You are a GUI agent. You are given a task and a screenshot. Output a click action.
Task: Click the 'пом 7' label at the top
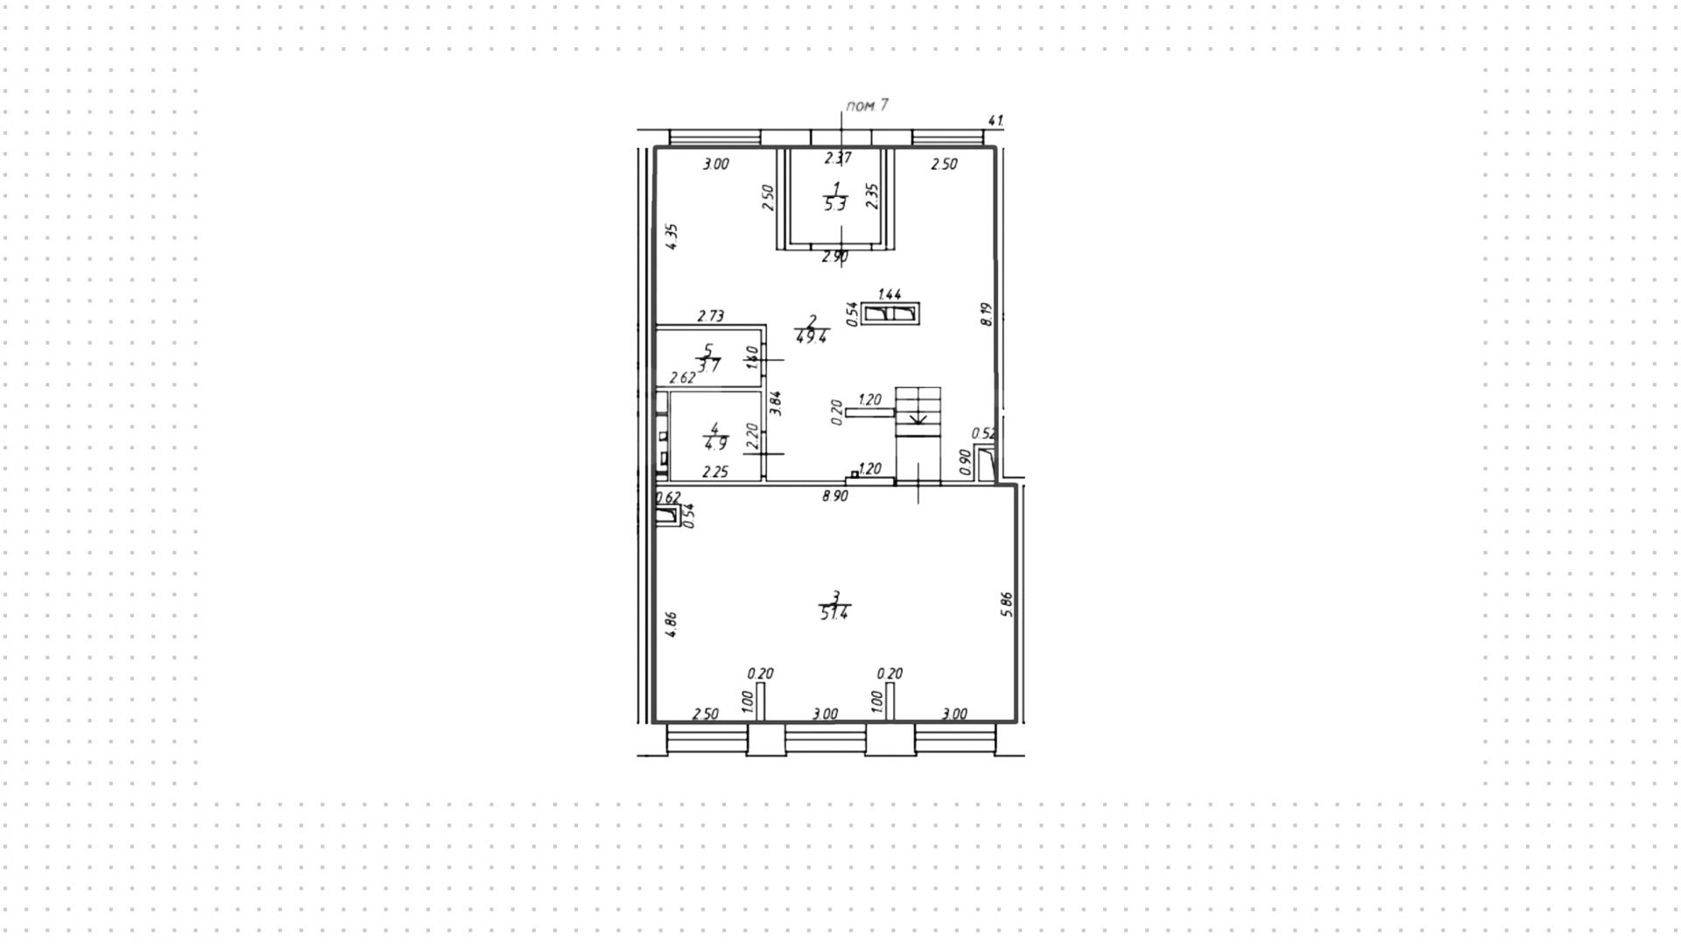867,106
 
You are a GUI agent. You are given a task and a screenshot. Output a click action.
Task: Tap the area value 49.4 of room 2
812,336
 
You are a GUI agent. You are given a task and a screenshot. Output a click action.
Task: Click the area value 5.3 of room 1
835,205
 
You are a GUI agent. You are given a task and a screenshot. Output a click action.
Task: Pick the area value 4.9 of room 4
715,443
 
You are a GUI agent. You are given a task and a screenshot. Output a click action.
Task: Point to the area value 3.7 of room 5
708,366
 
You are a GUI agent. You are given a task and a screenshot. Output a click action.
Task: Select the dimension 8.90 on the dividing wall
834,497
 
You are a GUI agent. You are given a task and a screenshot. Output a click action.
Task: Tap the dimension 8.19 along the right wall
987,314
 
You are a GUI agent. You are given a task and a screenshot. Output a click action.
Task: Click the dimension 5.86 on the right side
1006,604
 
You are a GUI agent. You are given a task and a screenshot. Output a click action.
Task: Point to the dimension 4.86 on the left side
671,623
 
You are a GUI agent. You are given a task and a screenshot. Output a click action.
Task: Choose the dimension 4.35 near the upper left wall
672,237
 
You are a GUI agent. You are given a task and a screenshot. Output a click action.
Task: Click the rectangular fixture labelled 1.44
890,313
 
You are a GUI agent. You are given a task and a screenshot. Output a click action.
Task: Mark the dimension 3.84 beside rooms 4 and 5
775,402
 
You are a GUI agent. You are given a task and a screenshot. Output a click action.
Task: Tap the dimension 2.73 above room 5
710,316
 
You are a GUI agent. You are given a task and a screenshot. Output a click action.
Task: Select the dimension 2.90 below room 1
834,257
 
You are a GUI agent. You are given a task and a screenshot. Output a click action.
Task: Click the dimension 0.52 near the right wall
984,433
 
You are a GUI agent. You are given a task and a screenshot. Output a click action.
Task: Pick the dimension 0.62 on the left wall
669,497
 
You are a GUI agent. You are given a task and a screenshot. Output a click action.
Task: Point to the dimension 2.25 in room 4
715,472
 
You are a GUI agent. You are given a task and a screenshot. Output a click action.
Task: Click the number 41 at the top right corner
995,121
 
